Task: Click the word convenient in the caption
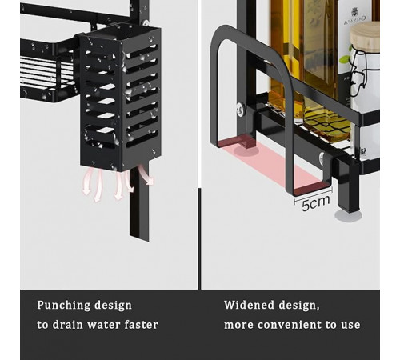[290, 325]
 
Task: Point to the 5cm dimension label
[315, 203]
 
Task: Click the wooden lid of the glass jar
[365, 37]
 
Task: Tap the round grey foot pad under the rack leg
[348, 215]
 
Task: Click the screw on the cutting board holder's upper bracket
[241, 109]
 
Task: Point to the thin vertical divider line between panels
[199, 238]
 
